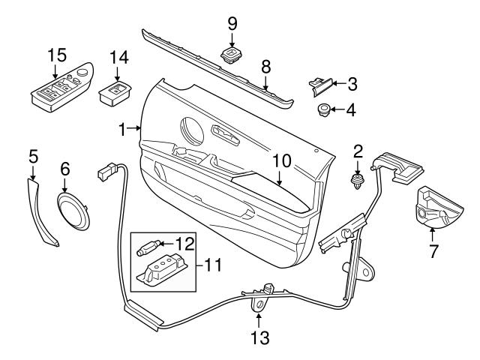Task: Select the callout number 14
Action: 119,57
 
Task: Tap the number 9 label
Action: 232,23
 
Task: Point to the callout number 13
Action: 259,338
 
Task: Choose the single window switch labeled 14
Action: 115,96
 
